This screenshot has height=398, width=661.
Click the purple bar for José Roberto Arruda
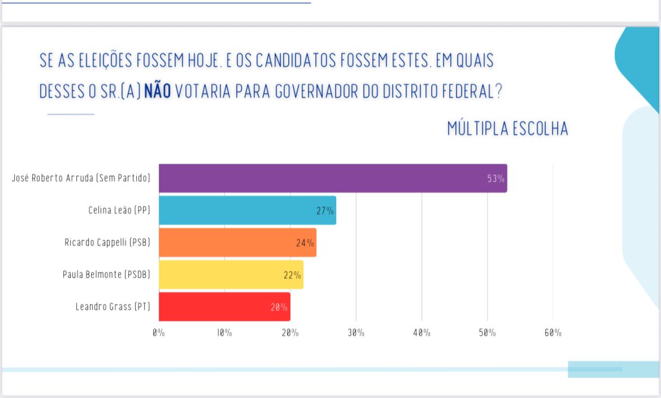tap(333, 178)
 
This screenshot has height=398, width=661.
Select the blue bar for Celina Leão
tap(247, 211)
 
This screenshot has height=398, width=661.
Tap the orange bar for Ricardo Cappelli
tap(237, 243)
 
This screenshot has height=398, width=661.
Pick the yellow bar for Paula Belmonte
tap(231, 275)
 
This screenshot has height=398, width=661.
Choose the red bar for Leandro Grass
tap(224, 307)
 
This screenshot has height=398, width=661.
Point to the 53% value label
tap(495, 179)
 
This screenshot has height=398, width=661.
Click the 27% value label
tap(325, 211)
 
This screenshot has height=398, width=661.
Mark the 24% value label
tap(305, 243)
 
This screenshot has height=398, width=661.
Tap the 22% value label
tap(292, 275)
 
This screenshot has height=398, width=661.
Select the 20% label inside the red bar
tap(279, 308)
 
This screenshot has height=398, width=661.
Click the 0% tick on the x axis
tap(159, 333)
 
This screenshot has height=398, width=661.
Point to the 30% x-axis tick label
tap(356, 333)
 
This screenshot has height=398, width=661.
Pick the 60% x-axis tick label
tap(553, 333)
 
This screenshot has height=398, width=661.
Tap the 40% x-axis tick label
tap(421, 333)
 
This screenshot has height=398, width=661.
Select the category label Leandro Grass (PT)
tap(113, 307)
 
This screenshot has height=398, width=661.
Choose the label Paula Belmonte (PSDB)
tap(107, 275)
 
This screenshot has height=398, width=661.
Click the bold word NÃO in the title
tap(157, 91)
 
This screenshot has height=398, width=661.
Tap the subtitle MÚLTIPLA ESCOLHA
tap(507, 129)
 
